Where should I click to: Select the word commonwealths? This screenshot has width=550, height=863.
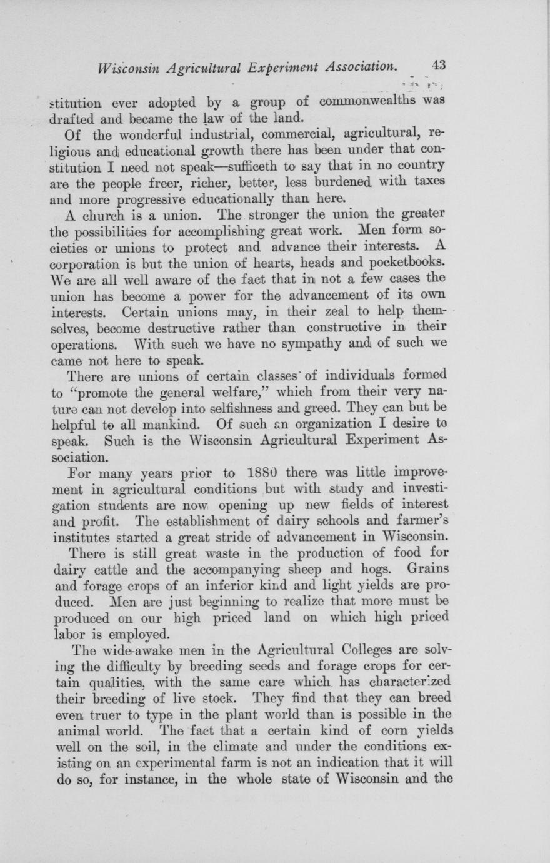point(369,101)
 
